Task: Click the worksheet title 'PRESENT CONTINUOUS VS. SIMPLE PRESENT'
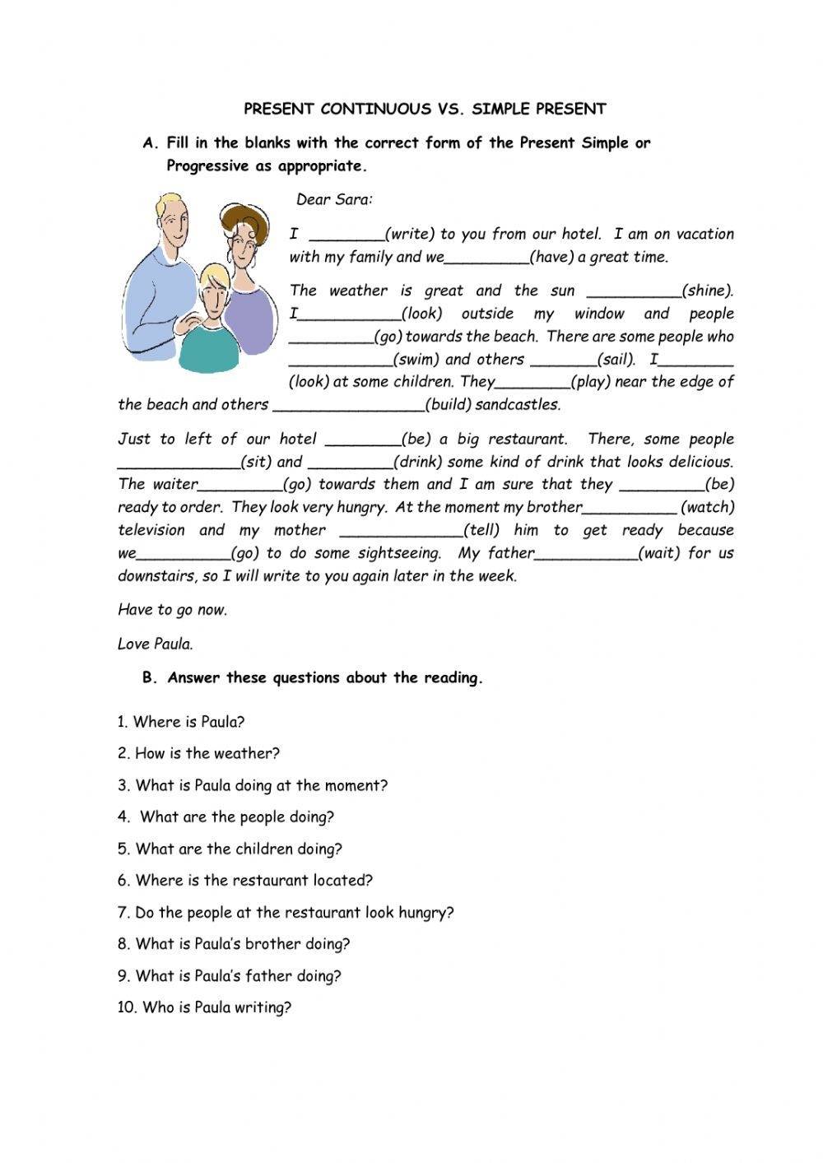point(425,109)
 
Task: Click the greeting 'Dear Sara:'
point(334,199)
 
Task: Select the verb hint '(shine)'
point(707,291)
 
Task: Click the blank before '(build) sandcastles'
point(348,405)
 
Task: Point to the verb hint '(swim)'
point(417,360)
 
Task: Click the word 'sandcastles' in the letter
point(518,405)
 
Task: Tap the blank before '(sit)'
point(178,463)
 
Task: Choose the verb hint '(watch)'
point(707,508)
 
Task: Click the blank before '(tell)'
point(401,531)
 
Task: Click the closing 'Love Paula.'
point(156,644)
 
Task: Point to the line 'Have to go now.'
point(172,610)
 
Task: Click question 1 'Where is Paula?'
point(181,722)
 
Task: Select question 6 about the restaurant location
point(245,881)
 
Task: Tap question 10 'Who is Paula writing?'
point(204,1007)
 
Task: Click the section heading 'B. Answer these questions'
point(313,678)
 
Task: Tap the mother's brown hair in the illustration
point(244,216)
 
